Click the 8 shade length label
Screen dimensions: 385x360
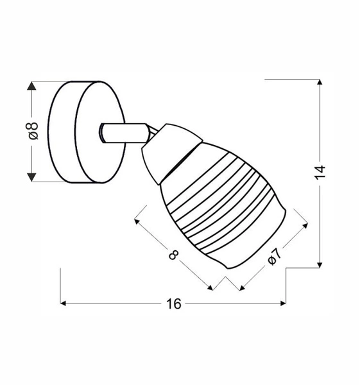tap(173, 255)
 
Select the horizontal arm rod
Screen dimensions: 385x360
tap(125, 133)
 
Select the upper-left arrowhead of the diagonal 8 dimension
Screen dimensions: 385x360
tap(137, 221)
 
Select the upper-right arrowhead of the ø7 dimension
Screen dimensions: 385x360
tap(305, 225)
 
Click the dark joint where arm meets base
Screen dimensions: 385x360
tap(102, 133)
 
